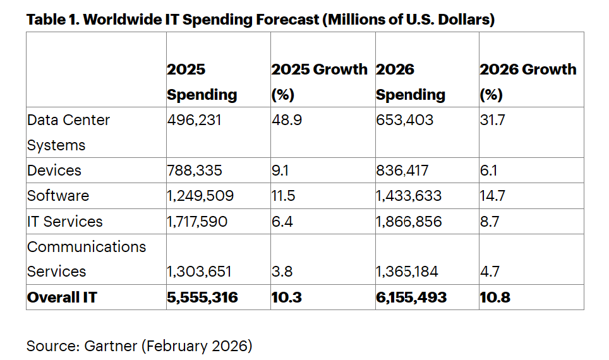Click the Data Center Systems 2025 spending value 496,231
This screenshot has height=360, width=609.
pos(194,120)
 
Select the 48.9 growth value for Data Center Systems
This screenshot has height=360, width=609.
pos(286,120)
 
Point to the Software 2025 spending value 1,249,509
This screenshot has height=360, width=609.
pos(200,196)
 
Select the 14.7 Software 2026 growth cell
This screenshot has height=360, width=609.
pos(492,196)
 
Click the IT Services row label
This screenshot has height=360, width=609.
pos(64,222)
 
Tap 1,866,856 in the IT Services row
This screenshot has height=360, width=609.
pos(409,222)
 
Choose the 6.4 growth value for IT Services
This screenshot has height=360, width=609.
pos(282,222)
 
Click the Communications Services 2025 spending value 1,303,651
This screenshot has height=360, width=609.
pos(199,272)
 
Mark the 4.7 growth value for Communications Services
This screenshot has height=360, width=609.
pos(490,272)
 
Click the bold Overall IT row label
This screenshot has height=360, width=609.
pos(62,297)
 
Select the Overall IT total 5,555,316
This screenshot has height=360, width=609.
pos(202,297)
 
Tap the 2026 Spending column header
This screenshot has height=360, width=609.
pos(410,82)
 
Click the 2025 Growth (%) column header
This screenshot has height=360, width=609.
pos(319,82)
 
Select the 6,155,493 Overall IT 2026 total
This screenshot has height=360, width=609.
pos(411,297)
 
